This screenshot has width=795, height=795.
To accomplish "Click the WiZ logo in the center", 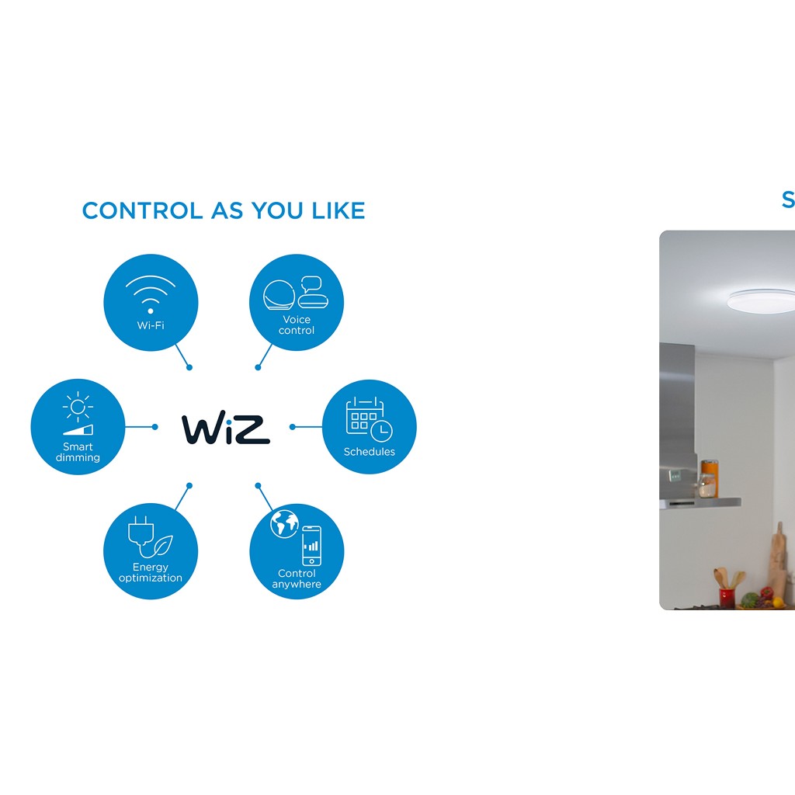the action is point(226,429).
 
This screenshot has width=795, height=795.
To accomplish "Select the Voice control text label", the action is point(297,325).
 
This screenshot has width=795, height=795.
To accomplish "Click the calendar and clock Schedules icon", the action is point(369,418).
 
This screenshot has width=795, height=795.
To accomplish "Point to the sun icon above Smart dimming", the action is point(78,407).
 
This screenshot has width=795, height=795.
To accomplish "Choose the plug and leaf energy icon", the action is point(150,537).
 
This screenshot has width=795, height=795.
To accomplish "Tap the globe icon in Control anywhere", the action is point(284,524).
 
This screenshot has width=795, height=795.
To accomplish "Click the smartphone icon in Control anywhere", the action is point(311,546).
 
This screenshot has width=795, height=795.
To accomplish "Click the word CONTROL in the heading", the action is point(143,210).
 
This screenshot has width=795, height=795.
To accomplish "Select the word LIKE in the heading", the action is point(338,210).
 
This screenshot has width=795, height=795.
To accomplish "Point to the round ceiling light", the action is point(761,300).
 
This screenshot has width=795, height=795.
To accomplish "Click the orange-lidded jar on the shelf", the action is point(710,478).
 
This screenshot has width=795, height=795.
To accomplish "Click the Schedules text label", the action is point(369,452).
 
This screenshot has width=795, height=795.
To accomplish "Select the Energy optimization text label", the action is point(150,572).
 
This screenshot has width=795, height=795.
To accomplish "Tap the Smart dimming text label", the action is point(78,452).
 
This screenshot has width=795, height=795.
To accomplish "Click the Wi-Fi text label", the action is point(151,325).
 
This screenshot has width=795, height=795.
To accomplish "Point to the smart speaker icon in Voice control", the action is point(279,295).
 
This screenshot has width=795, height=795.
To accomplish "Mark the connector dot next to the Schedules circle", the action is point(293,427).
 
